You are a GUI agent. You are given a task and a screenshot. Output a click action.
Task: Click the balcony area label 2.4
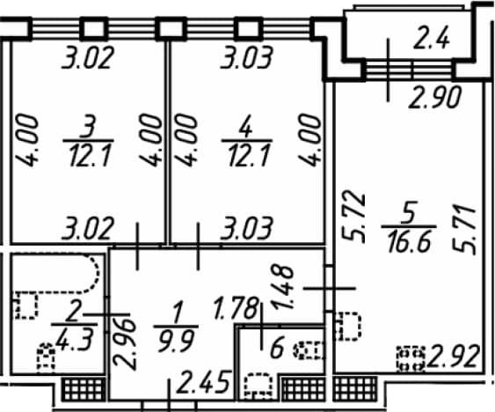[431, 39]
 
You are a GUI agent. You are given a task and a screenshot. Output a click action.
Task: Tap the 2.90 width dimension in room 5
[435, 97]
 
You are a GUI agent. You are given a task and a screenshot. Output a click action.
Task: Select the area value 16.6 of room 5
[409, 242]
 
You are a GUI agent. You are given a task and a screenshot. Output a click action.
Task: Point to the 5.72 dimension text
[353, 217]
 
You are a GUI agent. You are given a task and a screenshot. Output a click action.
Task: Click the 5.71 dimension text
[463, 230]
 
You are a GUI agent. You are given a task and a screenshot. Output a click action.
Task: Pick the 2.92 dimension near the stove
[453, 357]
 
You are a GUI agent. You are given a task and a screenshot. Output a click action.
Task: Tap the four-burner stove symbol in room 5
[411, 359]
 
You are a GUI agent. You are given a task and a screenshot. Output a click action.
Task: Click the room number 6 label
[278, 348]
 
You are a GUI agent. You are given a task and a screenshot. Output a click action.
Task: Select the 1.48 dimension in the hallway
[282, 287]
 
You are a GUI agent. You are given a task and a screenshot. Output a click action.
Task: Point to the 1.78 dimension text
[237, 308]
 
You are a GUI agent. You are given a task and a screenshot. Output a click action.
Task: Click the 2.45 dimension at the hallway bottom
[203, 383]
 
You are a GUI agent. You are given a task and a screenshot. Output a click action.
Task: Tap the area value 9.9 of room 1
[176, 341]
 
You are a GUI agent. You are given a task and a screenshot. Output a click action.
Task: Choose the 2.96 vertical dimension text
[125, 343]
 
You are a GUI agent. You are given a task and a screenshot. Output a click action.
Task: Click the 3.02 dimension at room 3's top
[87, 57]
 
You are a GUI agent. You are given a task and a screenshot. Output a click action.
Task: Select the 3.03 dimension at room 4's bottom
[246, 229]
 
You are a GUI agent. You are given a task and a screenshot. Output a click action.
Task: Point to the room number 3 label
[87, 127]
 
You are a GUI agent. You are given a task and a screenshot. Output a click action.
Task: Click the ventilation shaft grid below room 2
[83, 389]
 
